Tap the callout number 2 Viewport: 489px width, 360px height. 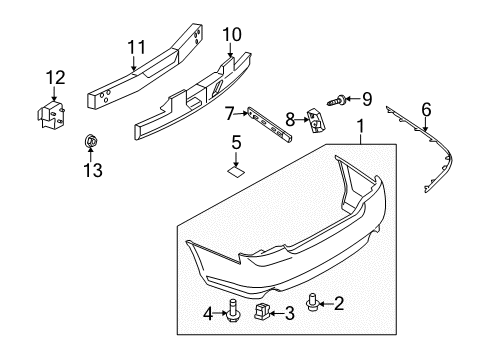[x=367, y=302]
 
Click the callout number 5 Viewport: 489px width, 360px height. [x=237, y=142]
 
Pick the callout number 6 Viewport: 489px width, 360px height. [x=426, y=109]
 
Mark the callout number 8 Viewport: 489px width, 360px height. [x=291, y=119]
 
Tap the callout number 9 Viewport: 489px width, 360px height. [x=366, y=99]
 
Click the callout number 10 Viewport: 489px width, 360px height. [x=232, y=36]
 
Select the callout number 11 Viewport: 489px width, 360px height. [x=135, y=46]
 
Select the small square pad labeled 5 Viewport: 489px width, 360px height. [x=236, y=172]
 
